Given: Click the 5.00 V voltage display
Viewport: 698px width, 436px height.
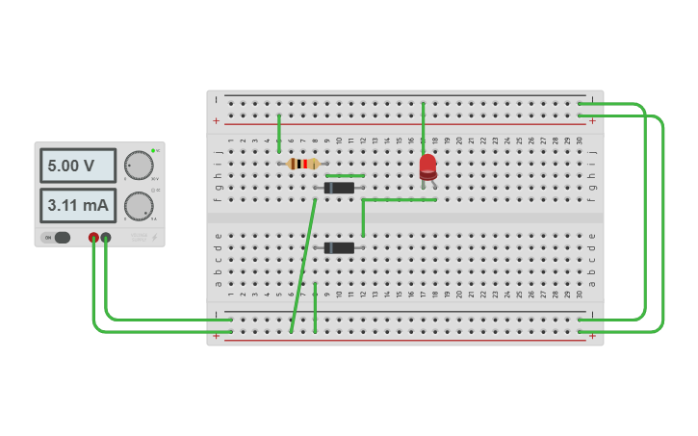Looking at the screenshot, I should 77,166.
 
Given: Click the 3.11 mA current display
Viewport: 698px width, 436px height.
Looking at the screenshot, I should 77,205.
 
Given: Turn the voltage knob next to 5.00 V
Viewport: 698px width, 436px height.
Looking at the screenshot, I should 139,166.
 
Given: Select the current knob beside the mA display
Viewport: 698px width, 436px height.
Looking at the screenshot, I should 139,206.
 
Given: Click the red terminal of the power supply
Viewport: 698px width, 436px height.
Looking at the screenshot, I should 93,237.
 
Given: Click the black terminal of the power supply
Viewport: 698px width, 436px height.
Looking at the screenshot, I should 106,237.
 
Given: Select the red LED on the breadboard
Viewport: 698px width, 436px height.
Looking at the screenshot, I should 427,167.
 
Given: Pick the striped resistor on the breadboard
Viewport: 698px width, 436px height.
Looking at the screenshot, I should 302,164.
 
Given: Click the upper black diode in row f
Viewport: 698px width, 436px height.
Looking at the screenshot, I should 339,188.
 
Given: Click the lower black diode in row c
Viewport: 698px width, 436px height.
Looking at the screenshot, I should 339,247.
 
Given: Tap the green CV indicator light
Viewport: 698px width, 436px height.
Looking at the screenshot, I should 153,151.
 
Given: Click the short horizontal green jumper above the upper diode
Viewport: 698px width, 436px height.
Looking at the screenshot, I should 345,176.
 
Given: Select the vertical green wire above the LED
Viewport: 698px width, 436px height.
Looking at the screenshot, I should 423,123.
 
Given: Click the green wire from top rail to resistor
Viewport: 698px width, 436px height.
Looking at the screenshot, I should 279,133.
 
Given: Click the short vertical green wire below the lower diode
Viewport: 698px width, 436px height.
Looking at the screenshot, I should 315,308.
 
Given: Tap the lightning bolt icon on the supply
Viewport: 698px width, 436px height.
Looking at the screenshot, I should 153,237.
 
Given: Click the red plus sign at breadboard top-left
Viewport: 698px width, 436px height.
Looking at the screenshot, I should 217,121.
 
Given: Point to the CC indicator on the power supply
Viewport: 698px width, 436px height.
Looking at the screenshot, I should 153,191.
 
